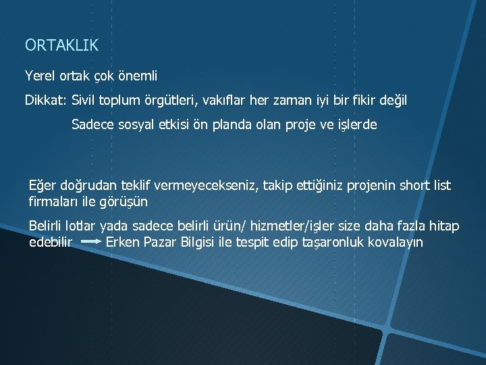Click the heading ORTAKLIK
click(x=61, y=45)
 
